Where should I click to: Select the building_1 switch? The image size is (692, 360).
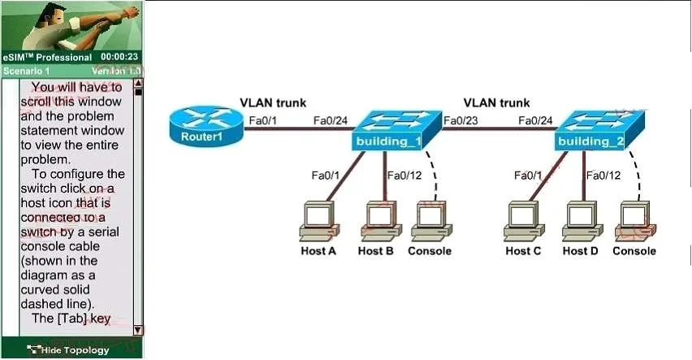[x=396, y=130]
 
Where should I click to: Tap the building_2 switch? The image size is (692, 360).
[x=599, y=130]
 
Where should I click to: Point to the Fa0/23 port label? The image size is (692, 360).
[x=461, y=120]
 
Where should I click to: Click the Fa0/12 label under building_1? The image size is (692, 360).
[x=404, y=176]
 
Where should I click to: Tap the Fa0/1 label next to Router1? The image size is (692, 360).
[x=263, y=120]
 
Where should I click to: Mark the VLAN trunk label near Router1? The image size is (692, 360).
[x=273, y=103]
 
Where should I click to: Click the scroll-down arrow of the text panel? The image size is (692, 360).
[x=138, y=330]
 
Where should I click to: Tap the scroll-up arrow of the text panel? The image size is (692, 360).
[x=138, y=83]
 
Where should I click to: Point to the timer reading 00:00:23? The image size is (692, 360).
[x=119, y=57]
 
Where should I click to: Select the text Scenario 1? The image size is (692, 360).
[x=27, y=71]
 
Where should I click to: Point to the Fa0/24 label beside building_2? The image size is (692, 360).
[x=535, y=120]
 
